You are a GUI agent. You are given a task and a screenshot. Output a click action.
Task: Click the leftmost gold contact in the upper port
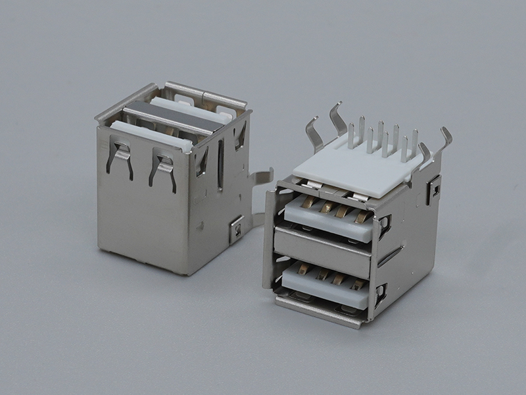[x=308, y=207]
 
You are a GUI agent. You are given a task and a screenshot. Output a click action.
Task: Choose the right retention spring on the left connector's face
[x=163, y=168]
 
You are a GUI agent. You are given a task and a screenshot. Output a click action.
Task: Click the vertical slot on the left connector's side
[x=220, y=165]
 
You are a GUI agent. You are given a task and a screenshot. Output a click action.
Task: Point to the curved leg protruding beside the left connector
[x=260, y=176]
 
